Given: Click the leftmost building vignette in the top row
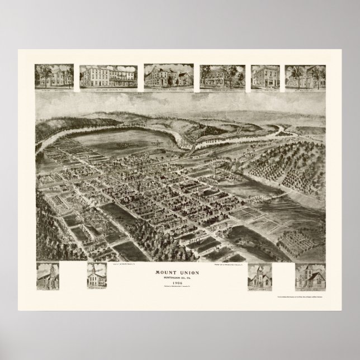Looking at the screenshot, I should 54,77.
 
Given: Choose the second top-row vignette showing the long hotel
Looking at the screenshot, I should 109,77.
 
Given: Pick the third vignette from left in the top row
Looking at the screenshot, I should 167,77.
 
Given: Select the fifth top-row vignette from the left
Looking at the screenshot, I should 264,77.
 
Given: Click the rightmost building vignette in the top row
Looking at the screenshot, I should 305,77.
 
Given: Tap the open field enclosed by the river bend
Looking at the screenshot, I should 134,132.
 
